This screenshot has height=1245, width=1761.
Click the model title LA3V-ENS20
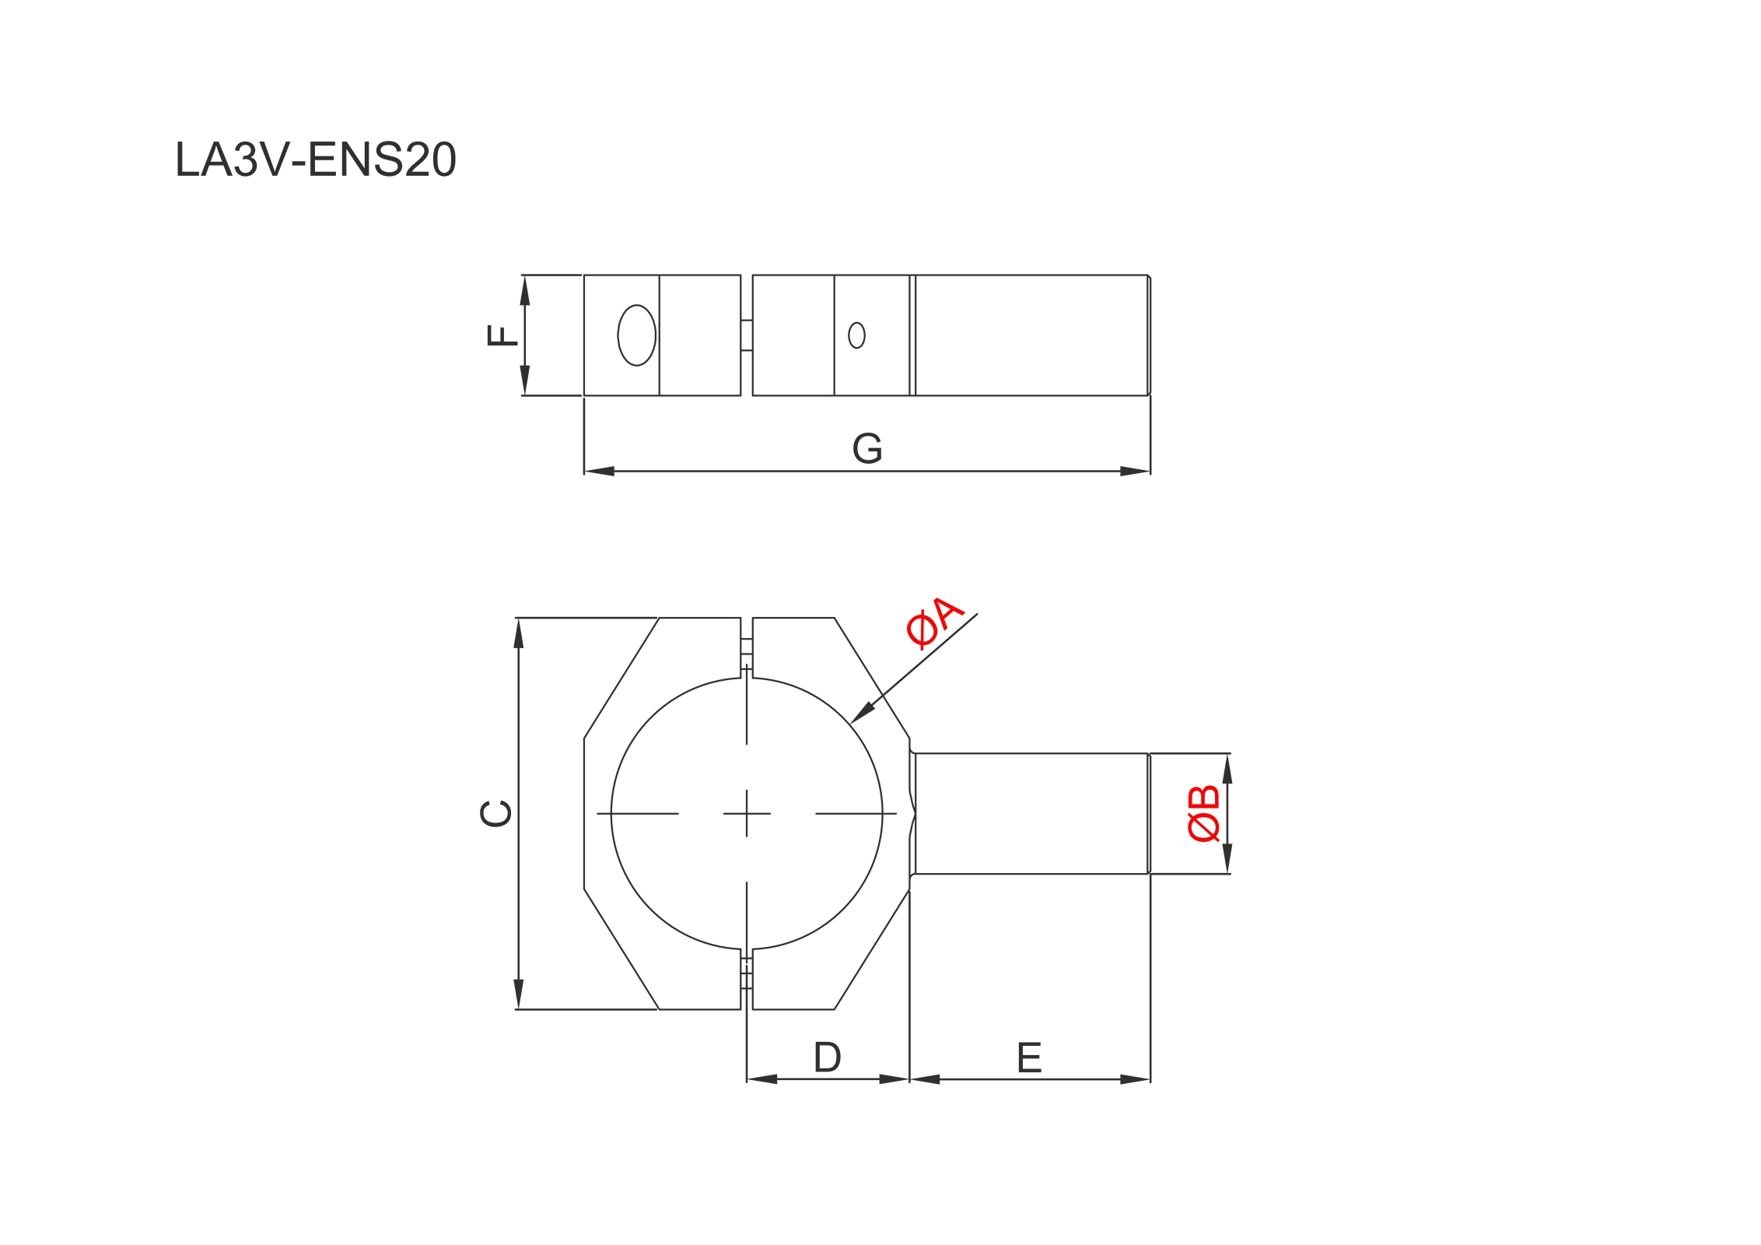[x=315, y=160]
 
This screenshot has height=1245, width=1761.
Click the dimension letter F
[x=502, y=335]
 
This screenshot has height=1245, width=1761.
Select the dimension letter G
[x=867, y=448]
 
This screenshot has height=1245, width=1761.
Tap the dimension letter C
[x=495, y=814]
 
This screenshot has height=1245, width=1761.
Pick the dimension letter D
[x=828, y=1057]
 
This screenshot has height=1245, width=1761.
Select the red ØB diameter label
[x=1203, y=814]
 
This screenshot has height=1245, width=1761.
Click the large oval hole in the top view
[x=636, y=335]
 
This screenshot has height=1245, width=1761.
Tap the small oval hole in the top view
[x=856, y=335]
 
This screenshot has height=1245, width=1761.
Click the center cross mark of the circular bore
[x=747, y=814]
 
